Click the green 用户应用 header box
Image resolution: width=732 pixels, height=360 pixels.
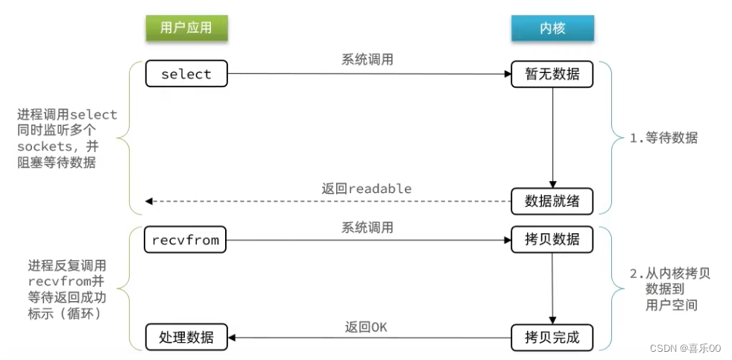pyautogui.click(x=186, y=28)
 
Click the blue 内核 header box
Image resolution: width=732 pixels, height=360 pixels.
pyautogui.click(x=552, y=28)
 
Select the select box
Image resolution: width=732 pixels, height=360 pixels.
pyautogui.click(x=186, y=74)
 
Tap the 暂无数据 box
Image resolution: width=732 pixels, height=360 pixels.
pyautogui.click(x=552, y=74)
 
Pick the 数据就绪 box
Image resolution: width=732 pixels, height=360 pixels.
pyautogui.click(x=552, y=200)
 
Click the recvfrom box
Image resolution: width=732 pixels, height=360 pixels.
pyautogui.click(x=186, y=240)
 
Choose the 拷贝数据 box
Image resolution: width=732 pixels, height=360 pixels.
pyautogui.click(x=552, y=240)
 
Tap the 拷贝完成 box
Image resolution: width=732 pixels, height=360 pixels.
pyautogui.click(x=552, y=337)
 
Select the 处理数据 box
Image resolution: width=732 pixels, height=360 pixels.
pyautogui.click(x=186, y=337)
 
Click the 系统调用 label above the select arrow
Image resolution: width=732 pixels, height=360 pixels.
pyautogui.click(x=367, y=60)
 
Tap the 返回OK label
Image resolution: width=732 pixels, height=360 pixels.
pyautogui.click(x=366, y=326)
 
